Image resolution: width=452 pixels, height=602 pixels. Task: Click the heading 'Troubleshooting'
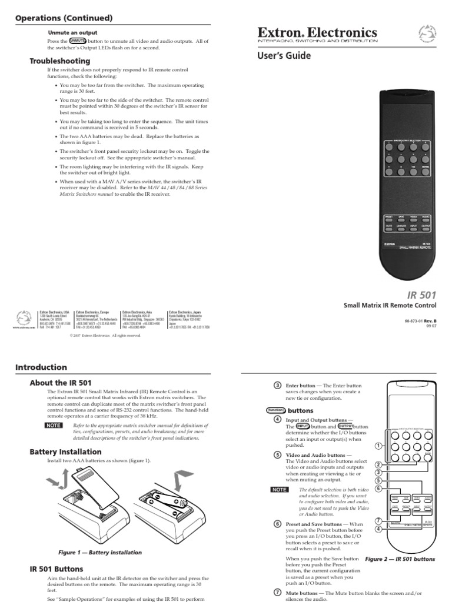[x=59, y=61]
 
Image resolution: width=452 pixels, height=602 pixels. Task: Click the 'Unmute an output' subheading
[x=72, y=32]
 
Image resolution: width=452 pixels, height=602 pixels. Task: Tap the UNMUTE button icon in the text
[x=78, y=41]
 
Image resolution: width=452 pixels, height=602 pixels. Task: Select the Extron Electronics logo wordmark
[x=326, y=32]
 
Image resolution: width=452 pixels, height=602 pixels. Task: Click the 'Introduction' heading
[x=41, y=367]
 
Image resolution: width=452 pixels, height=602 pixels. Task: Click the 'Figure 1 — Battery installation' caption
[x=100, y=553]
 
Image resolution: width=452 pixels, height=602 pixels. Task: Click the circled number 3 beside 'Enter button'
[x=277, y=385]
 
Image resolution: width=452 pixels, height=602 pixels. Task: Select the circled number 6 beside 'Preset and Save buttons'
[x=277, y=524]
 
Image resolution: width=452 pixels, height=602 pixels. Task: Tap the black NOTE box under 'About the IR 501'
[x=54, y=424]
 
